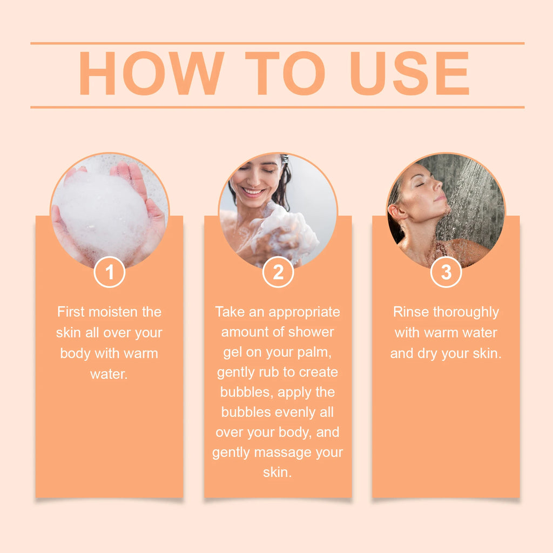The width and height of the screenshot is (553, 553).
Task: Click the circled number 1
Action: [110, 272]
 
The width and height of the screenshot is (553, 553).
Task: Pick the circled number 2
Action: [278, 272]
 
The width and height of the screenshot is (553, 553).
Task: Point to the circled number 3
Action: [446, 272]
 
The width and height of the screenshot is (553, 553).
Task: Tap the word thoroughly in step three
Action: [466, 312]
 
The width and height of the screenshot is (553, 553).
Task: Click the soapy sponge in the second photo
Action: [286, 232]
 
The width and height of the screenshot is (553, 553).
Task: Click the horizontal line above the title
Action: [277, 43]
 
